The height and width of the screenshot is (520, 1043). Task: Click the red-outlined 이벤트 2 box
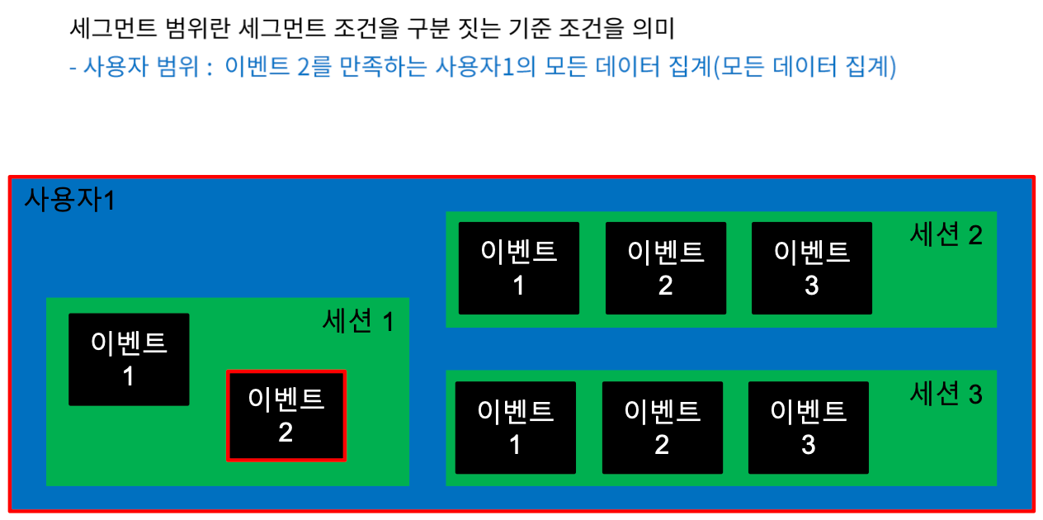click(286, 416)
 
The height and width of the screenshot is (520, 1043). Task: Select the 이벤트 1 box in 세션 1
click(129, 359)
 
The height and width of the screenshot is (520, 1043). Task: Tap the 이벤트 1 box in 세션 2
click(519, 268)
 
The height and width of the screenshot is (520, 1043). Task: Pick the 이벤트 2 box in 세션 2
click(666, 268)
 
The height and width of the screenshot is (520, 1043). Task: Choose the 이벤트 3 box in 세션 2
click(812, 268)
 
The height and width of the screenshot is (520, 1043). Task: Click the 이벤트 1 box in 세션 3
click(516, 428)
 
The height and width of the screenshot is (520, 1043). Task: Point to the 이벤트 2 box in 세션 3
click(662, 428)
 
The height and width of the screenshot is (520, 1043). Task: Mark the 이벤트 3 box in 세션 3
click(809, 428)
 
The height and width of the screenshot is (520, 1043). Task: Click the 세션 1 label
click(358, 321)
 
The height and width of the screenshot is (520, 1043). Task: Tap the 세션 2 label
click(946, 234)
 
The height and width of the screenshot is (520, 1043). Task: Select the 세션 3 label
click(946, 393)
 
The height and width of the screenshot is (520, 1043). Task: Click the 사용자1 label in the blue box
click(70, 200)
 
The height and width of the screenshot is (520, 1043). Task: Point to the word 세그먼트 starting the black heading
click(113, 28)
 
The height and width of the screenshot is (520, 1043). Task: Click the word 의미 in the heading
click(654, 28)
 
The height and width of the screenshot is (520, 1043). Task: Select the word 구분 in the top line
click(427, 28)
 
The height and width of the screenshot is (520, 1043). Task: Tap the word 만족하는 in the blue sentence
click(383, 67)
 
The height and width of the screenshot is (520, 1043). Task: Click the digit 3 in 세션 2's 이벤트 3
click(812, 286)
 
